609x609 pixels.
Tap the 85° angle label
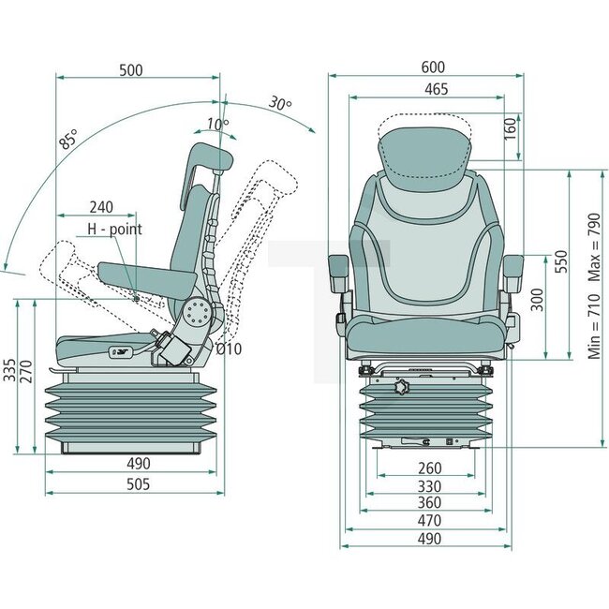[68, 141]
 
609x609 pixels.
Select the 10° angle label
[216, 125]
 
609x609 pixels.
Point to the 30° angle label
[278, 102]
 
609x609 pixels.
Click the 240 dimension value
[103, 207]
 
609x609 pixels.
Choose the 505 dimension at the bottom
[138, 484]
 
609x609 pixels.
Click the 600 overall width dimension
[432, 67]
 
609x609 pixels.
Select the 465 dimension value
[436, 89]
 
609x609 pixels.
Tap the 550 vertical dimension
[561, 261]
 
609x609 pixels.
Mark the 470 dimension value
[429, 521]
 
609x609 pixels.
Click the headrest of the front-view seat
[423, 150]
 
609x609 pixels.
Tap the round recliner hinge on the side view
[198, 316]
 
